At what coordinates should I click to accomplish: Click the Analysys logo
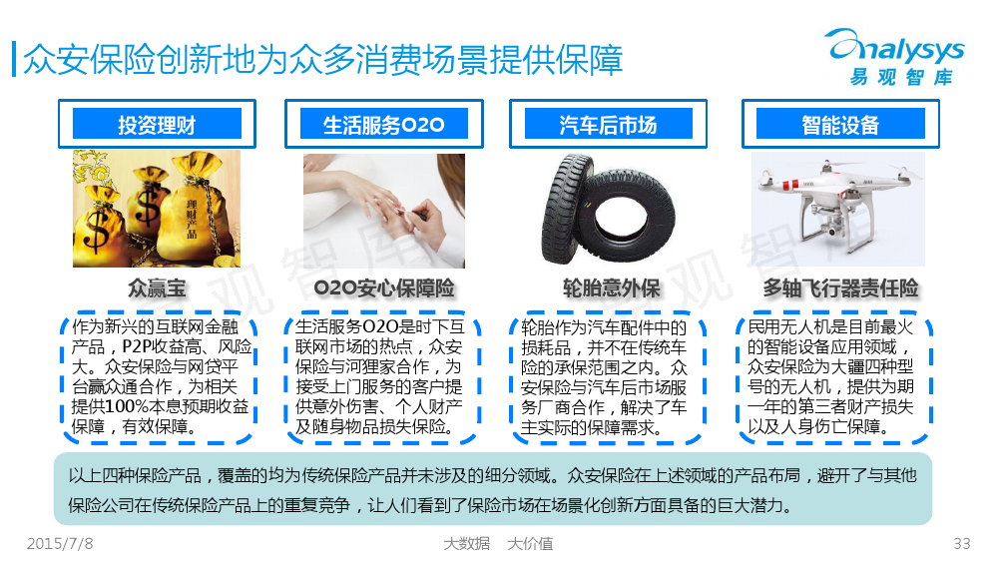pyautogui.click(x=896, y=57)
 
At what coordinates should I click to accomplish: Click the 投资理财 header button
pyautogui.click(x=157, y=124)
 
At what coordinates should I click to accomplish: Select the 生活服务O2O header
pyautogui.click(x=384, y=124)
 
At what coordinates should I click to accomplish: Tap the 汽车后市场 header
pyautogui.click(x=608, y=124)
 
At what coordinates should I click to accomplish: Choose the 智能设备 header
pyautogui.click(x=840, y=124)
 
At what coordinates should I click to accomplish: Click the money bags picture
pyautogui.click(x=157, y=209)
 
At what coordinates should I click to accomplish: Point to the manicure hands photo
pyautogui.click(x=384, y=211)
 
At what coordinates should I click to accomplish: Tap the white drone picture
pyautogui.click(x=838, y=209)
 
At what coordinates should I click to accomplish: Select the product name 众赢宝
pyautogui.click(x=157, y=288)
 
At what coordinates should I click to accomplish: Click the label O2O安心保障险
pyautogui.click(x=384, y=288)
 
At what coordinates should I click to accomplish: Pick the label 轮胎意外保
pyautogui.click(x=611, y=288)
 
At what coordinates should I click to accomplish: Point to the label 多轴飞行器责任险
pyautogui.click(x=840, y=288)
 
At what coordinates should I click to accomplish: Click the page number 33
pyautogui.click(x=962, y=544)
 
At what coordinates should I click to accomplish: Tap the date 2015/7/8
pyautogui.click(x=60, y=544)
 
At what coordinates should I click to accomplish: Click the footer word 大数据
pyautogui.click(x=466, y=544)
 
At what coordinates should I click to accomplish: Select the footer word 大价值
pyautogui.click(x=530, y=544)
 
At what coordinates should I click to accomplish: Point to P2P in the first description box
pyautogui.click(x=135, y=346)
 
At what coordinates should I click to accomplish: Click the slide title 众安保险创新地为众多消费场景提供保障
pyautogui.click(x=322, y=60)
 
